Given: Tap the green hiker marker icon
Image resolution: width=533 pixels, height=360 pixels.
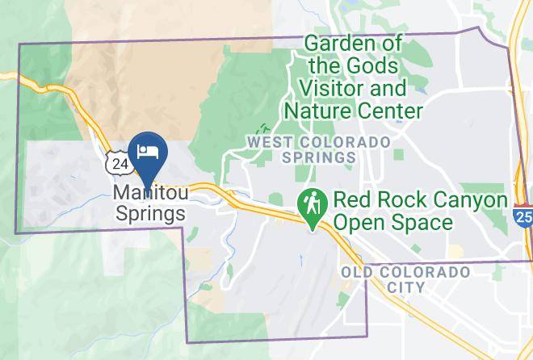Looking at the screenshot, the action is pos(310,203).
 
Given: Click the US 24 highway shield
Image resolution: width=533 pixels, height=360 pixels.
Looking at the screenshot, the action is pos(120,164).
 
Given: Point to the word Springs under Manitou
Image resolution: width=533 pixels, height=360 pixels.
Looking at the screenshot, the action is pos(150,214).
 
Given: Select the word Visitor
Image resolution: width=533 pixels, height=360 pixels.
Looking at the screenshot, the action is pos(332,87).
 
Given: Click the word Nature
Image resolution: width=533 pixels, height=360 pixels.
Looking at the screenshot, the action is pos(332,109).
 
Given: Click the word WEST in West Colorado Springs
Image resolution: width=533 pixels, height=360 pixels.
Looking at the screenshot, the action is pos(265,142).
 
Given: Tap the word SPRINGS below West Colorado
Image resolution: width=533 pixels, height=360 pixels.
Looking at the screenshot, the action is pos(320,157).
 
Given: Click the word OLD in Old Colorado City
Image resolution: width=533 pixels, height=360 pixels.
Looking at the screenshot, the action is pos(356,272).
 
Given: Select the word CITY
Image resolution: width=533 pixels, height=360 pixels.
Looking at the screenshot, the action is pos(405,287).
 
